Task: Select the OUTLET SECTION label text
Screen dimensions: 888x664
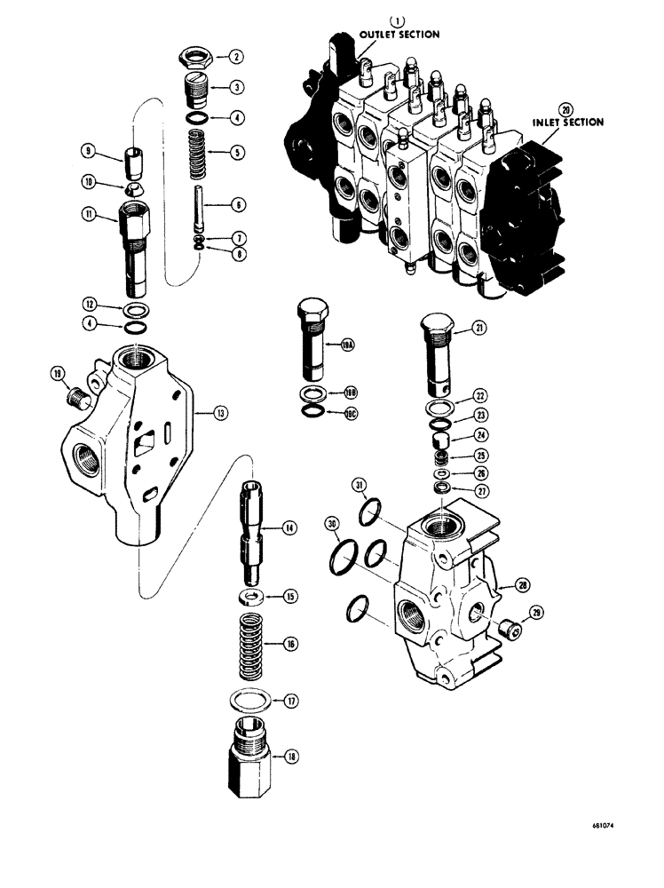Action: (x=399, y=35)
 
